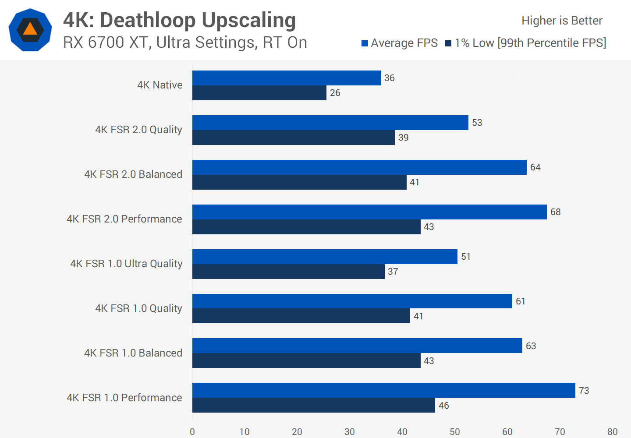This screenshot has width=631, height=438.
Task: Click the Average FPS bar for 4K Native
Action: (287, 78)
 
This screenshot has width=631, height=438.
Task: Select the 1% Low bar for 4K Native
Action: (259, 93)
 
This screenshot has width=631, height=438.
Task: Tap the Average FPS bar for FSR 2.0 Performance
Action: (369, 212)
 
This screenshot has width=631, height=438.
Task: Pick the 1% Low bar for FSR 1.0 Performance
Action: (314, 405)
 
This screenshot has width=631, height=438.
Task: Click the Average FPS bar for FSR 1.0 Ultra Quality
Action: (325, 257)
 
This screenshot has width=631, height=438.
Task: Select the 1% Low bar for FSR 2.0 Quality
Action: (294, 138)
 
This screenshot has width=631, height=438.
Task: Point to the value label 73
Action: (584, 391)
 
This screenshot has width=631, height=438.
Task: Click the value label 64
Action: (535, 167)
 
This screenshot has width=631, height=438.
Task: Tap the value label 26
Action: (335, 93)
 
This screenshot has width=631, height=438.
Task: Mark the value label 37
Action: (393, 272)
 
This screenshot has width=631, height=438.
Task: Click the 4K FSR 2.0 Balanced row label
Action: (133, 174)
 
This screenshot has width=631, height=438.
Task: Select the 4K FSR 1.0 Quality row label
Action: (138, 308)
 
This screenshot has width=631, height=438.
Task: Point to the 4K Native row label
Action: (160, 85)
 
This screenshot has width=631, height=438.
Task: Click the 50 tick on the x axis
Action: (455, 432)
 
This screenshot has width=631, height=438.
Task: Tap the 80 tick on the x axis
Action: (612, 432)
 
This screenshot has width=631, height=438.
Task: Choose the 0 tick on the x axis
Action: (192, 432)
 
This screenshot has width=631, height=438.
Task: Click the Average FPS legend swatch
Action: (365, 43)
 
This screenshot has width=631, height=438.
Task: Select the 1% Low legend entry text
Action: (530, 43)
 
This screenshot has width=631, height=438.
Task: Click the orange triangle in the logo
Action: (30, 29)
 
